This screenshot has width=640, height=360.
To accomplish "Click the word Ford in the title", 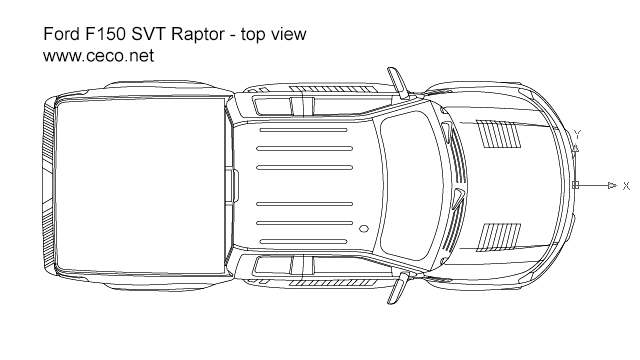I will click(60, 34).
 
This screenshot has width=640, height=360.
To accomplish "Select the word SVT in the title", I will click(152, 34).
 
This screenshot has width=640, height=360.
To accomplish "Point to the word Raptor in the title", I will click(199, 35).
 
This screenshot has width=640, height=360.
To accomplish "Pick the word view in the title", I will click(290, 34).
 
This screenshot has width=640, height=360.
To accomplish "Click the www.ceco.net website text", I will click(98, 56).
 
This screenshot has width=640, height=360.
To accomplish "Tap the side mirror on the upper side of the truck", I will click(399, 82).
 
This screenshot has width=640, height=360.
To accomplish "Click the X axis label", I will click(626, 186).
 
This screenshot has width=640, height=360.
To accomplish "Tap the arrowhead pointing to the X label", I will click(611, 186).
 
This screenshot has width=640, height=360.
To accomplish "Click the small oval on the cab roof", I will click(364, 230).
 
